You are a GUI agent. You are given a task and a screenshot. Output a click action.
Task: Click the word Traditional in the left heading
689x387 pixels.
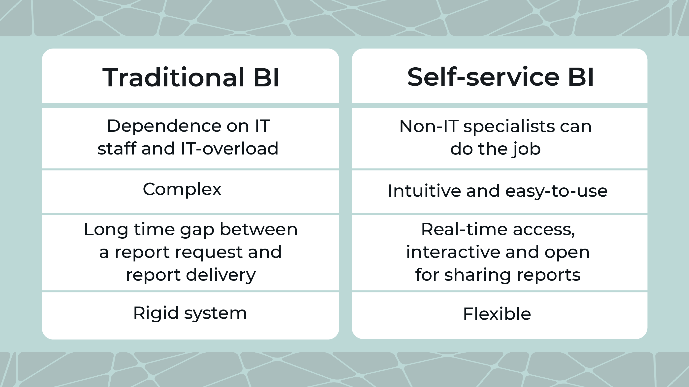pyautogui.click(x=173, y=78)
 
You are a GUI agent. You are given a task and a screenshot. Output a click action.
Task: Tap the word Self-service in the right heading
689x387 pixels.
pyautogui.click(x=483, y=77)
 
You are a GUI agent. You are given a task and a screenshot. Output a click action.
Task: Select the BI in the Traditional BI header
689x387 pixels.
pyautogui.click(x=266, y=78)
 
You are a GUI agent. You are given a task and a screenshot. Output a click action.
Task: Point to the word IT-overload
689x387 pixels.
pyautogui.click(x=229, y=149)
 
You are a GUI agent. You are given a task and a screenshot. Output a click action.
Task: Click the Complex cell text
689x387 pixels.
pyautogui.click(x=182, y=189)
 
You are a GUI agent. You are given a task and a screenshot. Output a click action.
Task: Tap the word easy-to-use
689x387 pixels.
pyautogui.click(x=556, y=191)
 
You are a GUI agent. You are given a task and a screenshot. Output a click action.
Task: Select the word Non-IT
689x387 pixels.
pyautogui.click(x=429, y=126)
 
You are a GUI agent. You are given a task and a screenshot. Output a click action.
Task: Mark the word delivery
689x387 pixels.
pyautogui.click(x=221, y=275)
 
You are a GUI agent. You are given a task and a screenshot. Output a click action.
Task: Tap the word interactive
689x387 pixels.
pyautogui.click(x=453, y=252)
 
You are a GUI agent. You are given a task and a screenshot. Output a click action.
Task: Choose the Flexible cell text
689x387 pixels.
pyautogui.click(x=497, y=314)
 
